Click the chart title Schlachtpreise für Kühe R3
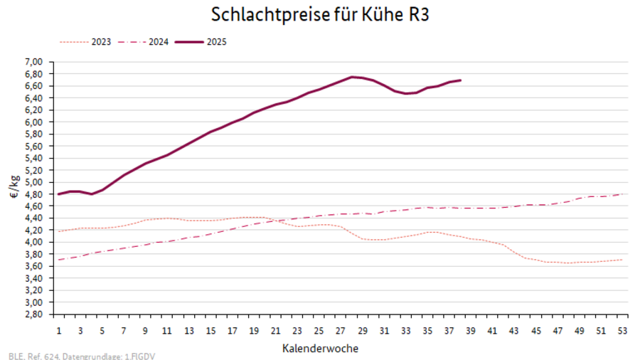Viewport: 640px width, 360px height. click(320, 14)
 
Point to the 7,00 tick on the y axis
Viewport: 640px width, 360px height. click(34, 62)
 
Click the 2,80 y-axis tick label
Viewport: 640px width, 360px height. click(34, 314)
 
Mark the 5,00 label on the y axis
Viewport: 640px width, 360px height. click(34, 182)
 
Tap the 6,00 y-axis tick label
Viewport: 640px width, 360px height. click(34, 122)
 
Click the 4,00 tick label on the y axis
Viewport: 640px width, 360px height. click(34, 242)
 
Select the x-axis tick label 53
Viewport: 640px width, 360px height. click(622, 331)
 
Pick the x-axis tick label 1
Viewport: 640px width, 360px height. click(59, 331)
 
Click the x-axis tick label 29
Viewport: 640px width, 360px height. click(363, 331)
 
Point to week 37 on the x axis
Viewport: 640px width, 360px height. click(449, 331)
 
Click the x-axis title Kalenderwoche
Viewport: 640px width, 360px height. click(319, 349)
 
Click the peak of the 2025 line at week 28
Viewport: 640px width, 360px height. click(353, 77)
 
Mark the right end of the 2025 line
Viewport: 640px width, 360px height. click(461, 80)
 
